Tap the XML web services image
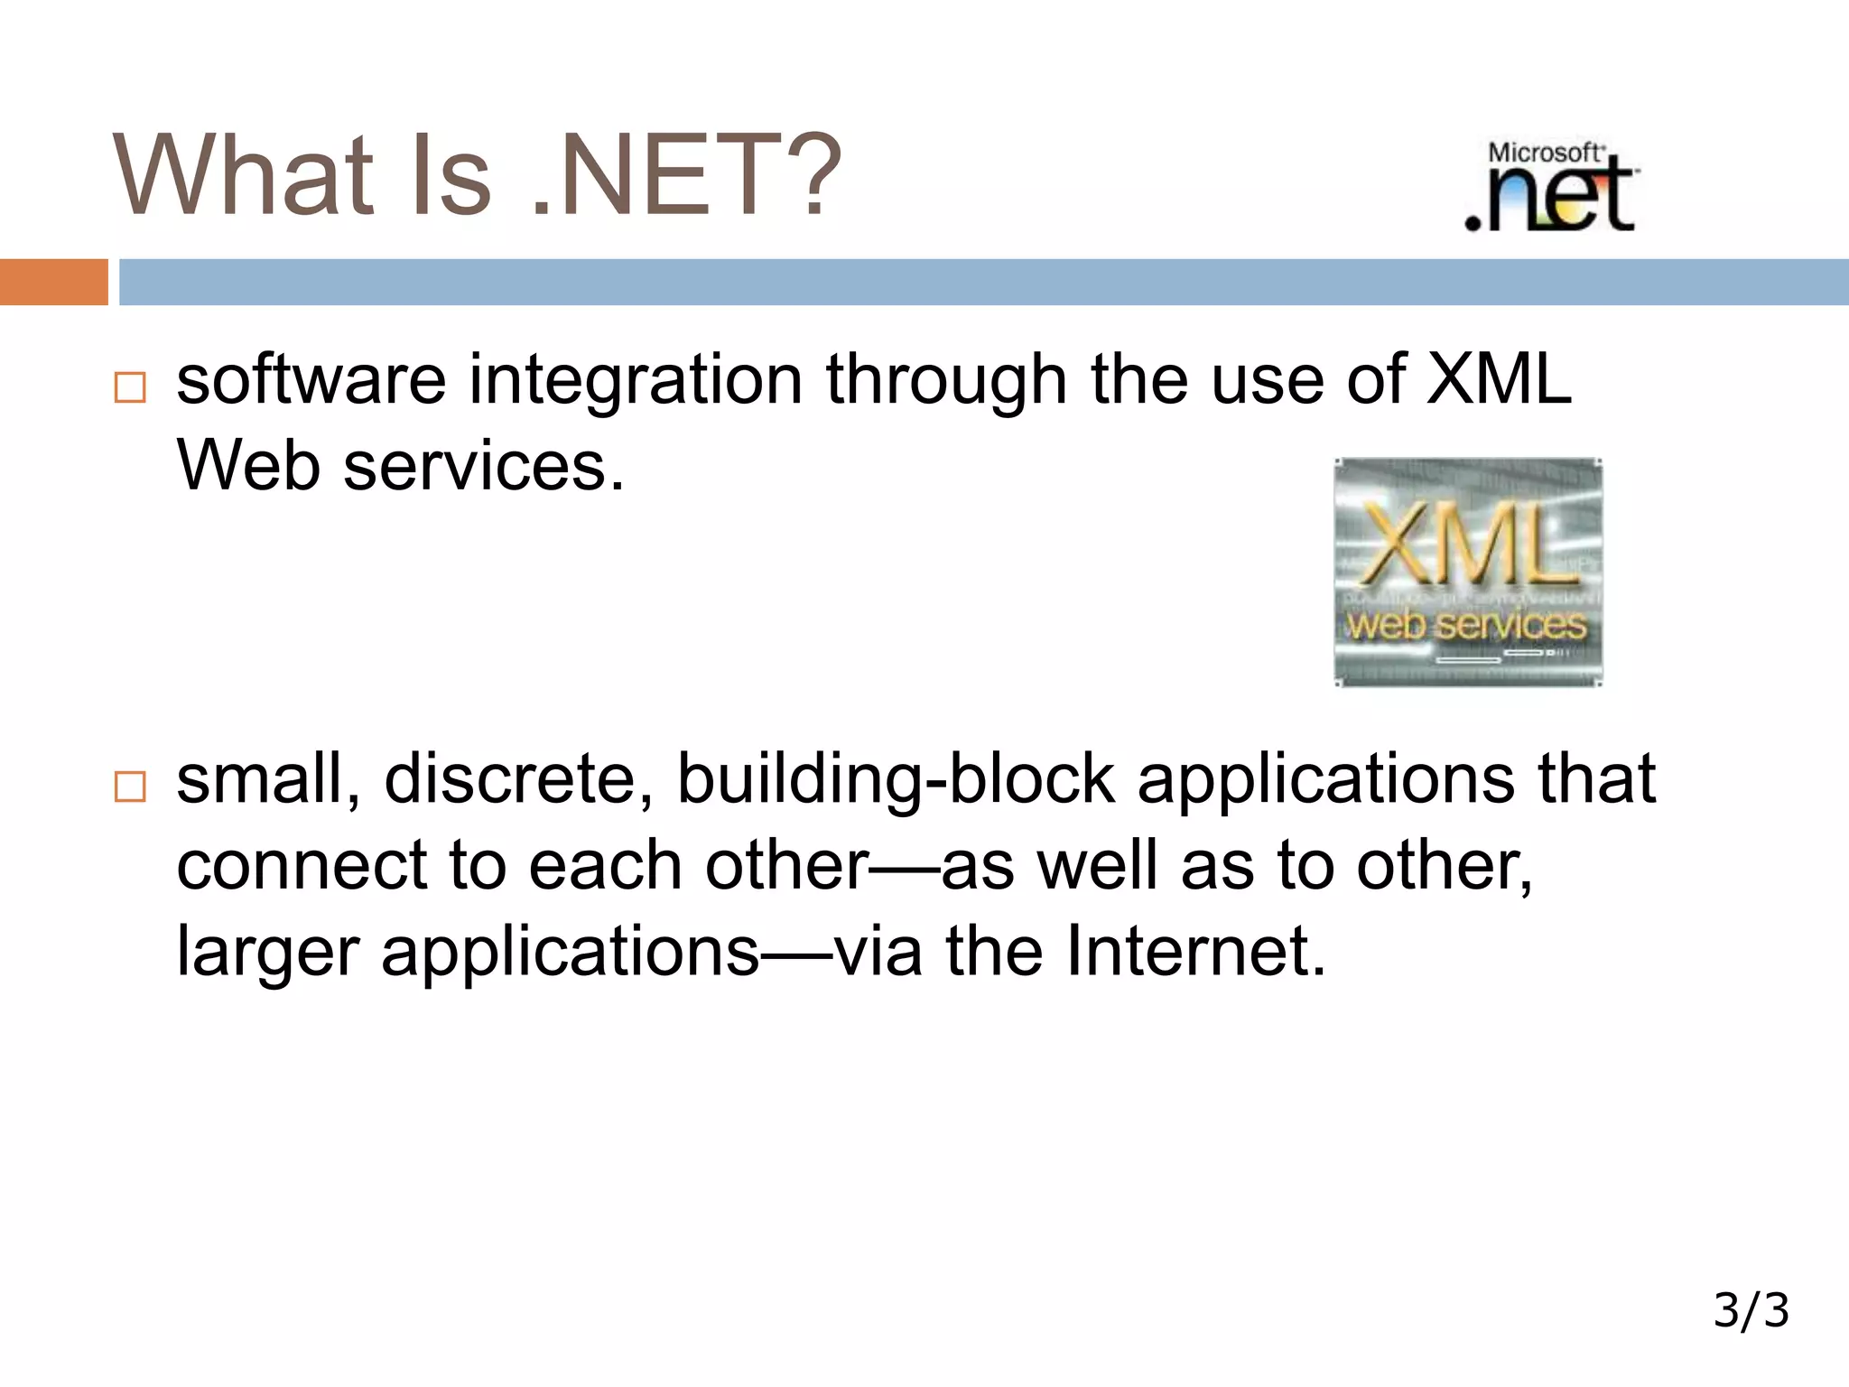coord(1467,572)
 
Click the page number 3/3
coord(1751,1310)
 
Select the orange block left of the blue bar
coord(53,282)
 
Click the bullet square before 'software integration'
coord(130,387)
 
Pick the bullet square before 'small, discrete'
coord(130,787)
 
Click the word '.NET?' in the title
coord(686,176)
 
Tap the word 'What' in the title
coord(244,176)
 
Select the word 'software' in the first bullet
coord(311,379)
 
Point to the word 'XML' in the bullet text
coord(1498,379)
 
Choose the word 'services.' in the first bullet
coord(484,466)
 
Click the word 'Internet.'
coord(1195,951)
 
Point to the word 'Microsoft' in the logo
coord(1544,153)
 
